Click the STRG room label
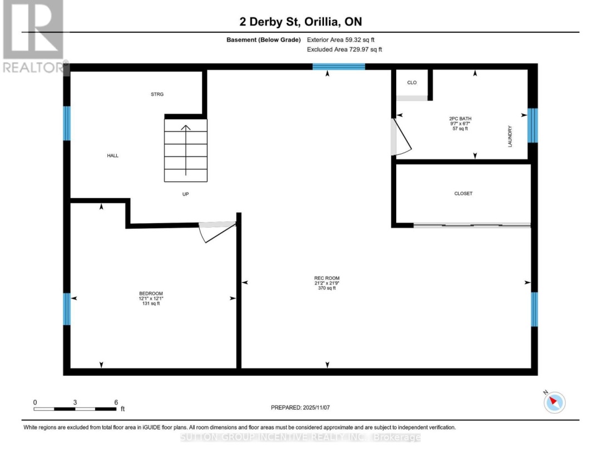point(157,95)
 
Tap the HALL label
point(113,156)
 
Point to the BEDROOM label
point(151,293)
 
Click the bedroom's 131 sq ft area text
point(151,303)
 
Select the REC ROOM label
point(327,278)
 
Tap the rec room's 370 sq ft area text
point(327,288)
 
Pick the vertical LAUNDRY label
point(510,136)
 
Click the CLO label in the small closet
point(412,83)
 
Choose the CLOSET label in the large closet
point(463,194)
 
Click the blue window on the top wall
point(338,67)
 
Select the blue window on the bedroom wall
point(67,309)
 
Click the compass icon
point(554,401)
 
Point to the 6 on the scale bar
point(115,402)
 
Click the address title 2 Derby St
point(268,22)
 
